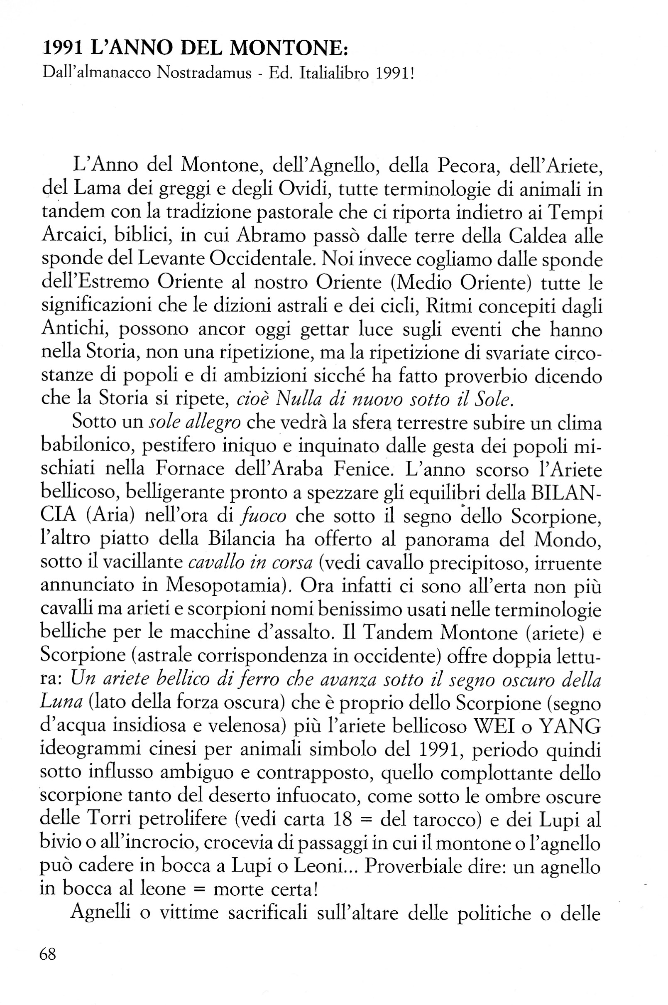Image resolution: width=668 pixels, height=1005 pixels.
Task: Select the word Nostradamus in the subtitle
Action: click(204, 73)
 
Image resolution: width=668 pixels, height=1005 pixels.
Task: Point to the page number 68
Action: click(48, 953)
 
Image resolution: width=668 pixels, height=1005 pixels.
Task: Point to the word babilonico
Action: click(87, 446)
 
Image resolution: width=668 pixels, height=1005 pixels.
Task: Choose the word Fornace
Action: click(189, 469)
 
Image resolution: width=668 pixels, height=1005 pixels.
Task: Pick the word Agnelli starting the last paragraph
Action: click(101, 913)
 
